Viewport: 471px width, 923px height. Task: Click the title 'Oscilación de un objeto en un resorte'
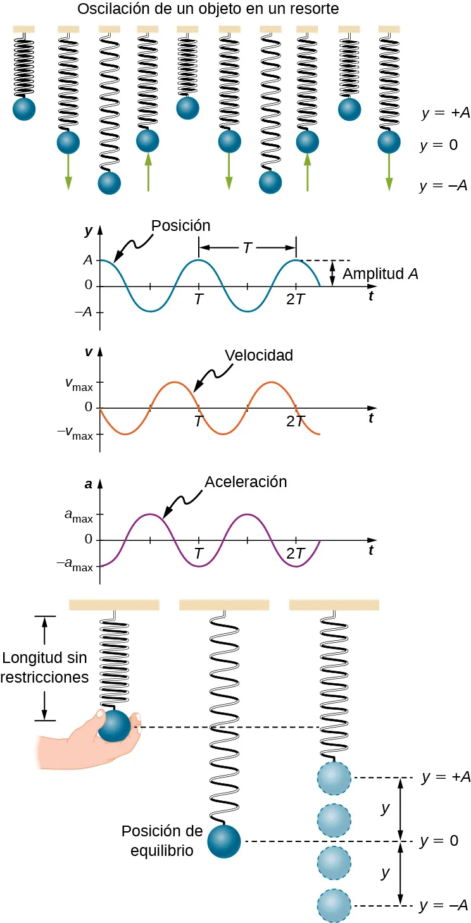pos(208,9)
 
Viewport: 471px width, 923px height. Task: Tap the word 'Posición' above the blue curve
pos(180,225)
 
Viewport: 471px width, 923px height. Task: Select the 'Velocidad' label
pos(260,356)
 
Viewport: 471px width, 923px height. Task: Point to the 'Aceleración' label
pos(246,481)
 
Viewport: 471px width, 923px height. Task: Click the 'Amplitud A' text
pos(380,274)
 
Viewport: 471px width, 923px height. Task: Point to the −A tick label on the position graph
pos(84,312)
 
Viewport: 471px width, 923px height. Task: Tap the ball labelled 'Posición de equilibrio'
pos(224,841)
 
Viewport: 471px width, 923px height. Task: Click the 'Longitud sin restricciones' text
pos(44,667)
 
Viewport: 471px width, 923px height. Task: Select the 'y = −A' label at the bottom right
pos(443,906)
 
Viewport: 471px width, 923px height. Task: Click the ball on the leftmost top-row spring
pos(24,109)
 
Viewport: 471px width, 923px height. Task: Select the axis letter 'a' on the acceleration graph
pos(89,485)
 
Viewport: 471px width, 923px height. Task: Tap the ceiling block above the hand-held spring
pos(114,605)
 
